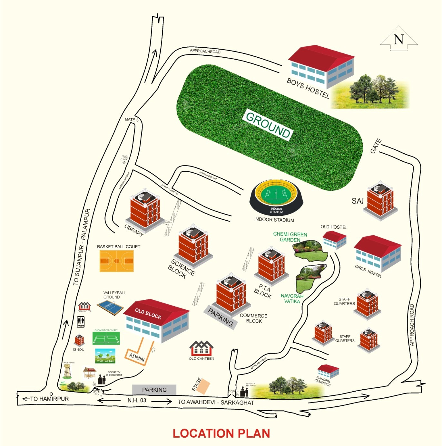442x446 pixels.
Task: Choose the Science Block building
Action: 193,246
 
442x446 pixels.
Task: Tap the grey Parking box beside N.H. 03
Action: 154,390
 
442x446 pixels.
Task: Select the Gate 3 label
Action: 132,120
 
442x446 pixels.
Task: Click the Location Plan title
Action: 221,433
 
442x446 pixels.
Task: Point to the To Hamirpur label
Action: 49,399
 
